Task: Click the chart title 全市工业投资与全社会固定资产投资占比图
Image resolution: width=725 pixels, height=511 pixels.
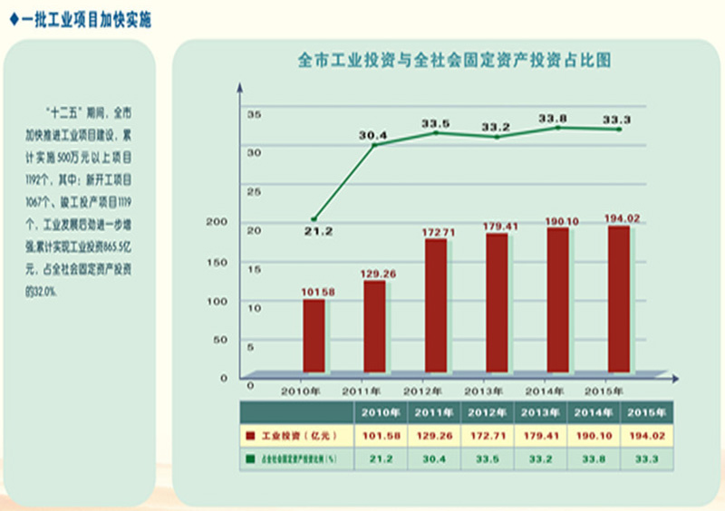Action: (454, 62)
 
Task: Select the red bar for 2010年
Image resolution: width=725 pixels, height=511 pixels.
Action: (314, 335)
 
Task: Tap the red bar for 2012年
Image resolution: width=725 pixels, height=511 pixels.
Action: (436, 305)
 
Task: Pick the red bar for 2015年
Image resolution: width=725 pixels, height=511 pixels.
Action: (619, 299)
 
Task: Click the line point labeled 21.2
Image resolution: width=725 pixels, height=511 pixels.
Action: (314, 219)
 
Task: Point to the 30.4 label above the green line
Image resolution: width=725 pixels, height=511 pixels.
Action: (372, 135)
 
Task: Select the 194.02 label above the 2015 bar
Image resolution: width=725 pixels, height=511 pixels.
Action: (623, 217)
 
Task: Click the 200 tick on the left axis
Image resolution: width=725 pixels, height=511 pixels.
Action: (217, 222)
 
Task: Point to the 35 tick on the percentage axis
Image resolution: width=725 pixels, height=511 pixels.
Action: (254, 114)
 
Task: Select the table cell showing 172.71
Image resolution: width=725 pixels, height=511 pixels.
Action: (488, 436)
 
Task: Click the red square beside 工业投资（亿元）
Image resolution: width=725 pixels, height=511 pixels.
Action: (249, 436)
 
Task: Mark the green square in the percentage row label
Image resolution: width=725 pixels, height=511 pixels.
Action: (249, 460)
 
